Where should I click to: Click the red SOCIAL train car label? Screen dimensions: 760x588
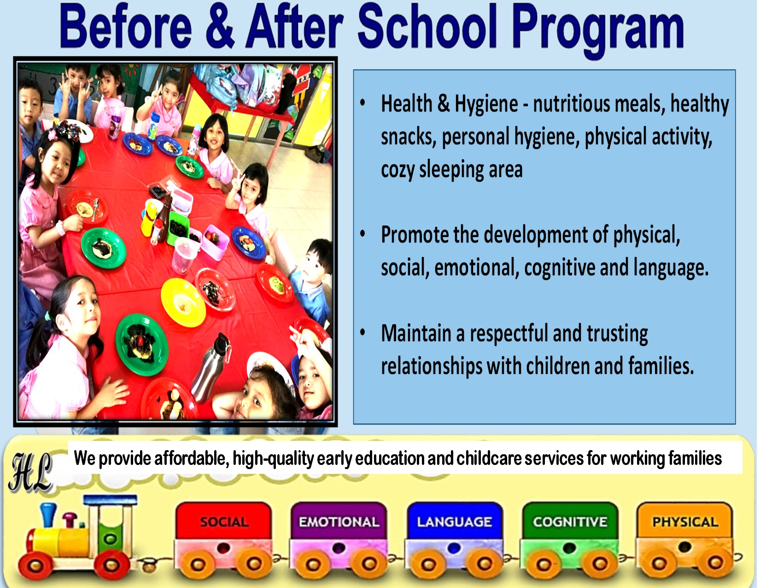[x=224, y=522]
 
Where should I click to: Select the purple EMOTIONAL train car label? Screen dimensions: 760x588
[x=339, y=522]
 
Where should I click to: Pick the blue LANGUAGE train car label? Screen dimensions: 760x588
[x=454, y=522]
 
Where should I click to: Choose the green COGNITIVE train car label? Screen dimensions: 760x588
[x=570, y=522]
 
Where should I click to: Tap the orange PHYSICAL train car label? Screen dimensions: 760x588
[x=685, y=522]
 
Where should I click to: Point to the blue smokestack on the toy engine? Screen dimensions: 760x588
[x=48, y=515]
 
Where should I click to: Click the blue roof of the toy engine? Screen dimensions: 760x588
[x=111, y=500]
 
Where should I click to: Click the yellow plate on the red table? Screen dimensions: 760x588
[x=183, y=303]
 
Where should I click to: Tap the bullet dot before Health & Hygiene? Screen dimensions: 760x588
[x=362, y=102]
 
